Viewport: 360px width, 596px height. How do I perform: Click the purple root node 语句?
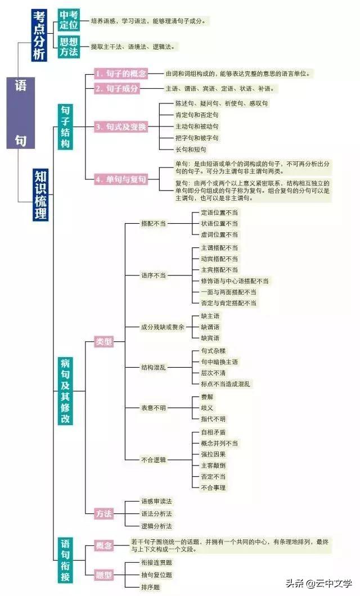tap(20, 112)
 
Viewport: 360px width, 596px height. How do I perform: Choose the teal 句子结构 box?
tap(66, 127)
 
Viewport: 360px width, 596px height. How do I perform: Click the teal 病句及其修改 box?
tap(66, 390)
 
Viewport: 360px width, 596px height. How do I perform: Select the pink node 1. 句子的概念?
tap(120, 74)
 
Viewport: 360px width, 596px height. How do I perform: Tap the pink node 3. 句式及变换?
tap(120, 127)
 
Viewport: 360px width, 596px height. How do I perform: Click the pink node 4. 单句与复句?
tap(120, 179)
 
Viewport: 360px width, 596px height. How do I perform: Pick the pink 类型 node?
tap(104, 341)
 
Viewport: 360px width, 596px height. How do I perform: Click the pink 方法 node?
tap(104, 513)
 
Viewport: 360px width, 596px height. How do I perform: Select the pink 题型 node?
tap(104, 575)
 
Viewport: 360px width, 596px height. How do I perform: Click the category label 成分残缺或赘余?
tap(163, 327)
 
